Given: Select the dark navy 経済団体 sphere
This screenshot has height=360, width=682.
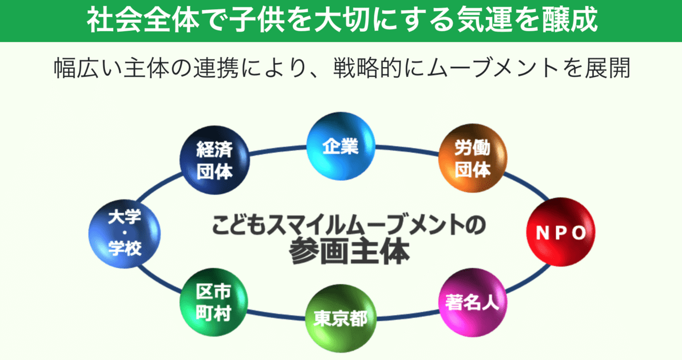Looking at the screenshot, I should pos(214,160).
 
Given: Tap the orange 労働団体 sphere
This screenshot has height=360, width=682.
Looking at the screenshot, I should pos(472,160).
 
